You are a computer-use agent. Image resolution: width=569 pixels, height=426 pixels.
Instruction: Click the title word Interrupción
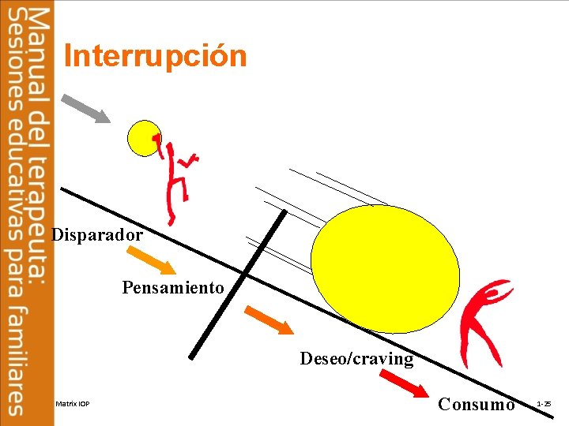155,57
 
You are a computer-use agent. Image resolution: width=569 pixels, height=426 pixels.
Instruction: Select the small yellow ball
144,137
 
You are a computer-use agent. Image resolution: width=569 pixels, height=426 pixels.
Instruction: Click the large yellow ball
385,271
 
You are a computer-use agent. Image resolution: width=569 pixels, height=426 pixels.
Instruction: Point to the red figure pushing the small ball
175,178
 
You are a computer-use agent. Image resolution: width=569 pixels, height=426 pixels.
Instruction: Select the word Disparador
97,235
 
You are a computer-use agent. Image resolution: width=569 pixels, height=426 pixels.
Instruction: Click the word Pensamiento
173,288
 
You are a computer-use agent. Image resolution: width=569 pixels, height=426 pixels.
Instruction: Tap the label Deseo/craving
356,359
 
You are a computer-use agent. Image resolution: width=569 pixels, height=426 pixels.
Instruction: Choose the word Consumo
476,405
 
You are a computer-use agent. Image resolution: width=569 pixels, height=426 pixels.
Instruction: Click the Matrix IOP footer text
73,405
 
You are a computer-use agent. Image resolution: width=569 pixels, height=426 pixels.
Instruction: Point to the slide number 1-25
544,404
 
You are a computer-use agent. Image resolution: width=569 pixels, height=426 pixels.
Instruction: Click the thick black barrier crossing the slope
237,284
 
